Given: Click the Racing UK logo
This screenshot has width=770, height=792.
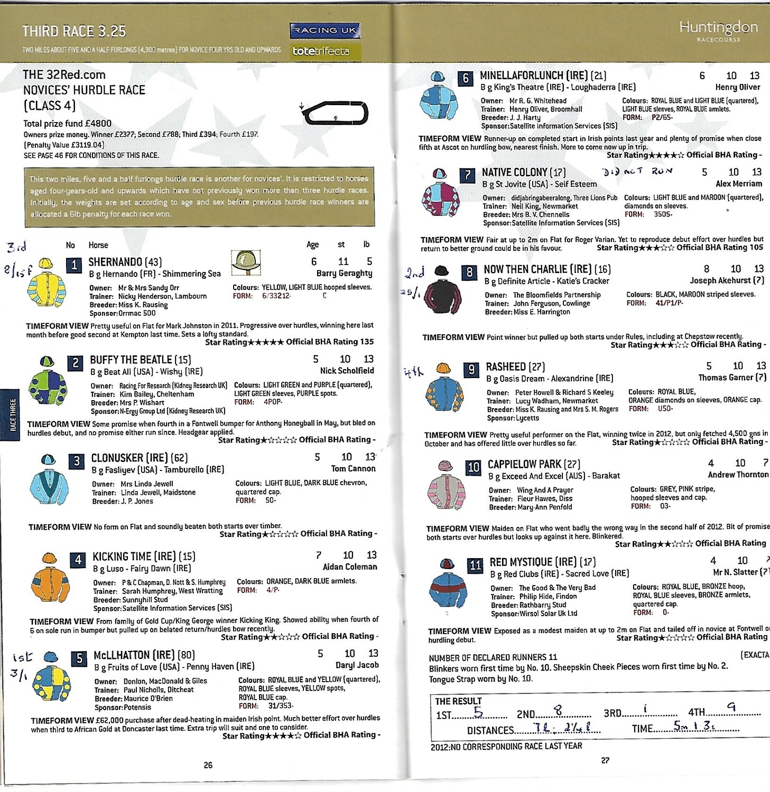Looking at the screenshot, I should (x=324, y=31).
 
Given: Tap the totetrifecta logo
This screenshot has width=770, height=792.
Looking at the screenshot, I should (x=321, y=51).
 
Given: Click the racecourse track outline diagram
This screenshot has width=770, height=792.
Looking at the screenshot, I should (x=335, y=112).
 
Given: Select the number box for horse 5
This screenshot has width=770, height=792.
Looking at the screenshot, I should (x=79, y=658).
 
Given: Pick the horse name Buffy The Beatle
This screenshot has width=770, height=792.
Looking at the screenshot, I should (x=131, y=360).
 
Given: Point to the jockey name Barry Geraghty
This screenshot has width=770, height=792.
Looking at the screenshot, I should (x=344, y=274).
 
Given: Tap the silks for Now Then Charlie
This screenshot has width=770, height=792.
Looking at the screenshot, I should (x=443, y=293).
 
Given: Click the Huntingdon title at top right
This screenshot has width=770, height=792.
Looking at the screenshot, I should (x=718, y=27).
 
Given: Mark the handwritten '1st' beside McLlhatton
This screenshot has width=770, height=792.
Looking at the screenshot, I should (x=23, y=657).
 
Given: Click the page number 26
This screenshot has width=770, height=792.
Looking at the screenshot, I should (x=208, y=765).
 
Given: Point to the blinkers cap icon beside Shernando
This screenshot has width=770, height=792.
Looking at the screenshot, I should (x=246, y=262).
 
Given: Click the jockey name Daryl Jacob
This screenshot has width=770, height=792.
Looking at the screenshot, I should (x=357, y=665).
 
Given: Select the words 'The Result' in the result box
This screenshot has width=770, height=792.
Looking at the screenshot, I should (x=458, y=701).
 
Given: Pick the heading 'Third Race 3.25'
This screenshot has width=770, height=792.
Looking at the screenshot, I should (x=74, y=32).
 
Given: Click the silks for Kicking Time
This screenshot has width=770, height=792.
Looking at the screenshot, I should (x=50, y=579).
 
